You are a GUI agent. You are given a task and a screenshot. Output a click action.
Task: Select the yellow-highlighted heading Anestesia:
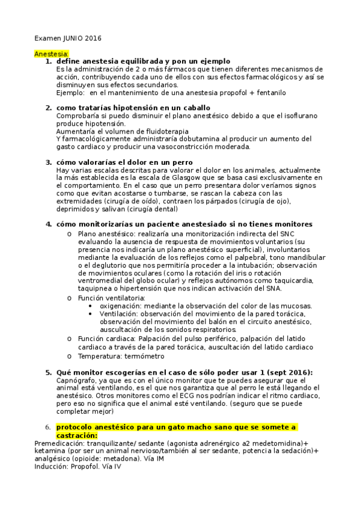52,54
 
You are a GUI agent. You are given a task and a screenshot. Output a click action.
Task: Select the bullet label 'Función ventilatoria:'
111,298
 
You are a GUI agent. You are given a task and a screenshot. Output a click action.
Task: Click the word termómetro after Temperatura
145,356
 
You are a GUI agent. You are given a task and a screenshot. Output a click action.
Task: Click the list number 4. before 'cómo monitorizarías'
49,224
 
